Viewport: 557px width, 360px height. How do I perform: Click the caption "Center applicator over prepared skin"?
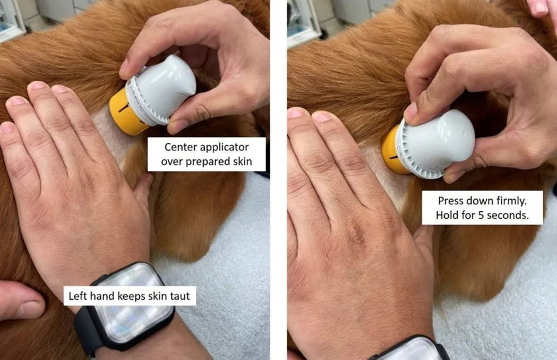(x=207, y=155)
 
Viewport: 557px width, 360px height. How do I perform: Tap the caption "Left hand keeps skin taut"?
(x=130, y=296)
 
